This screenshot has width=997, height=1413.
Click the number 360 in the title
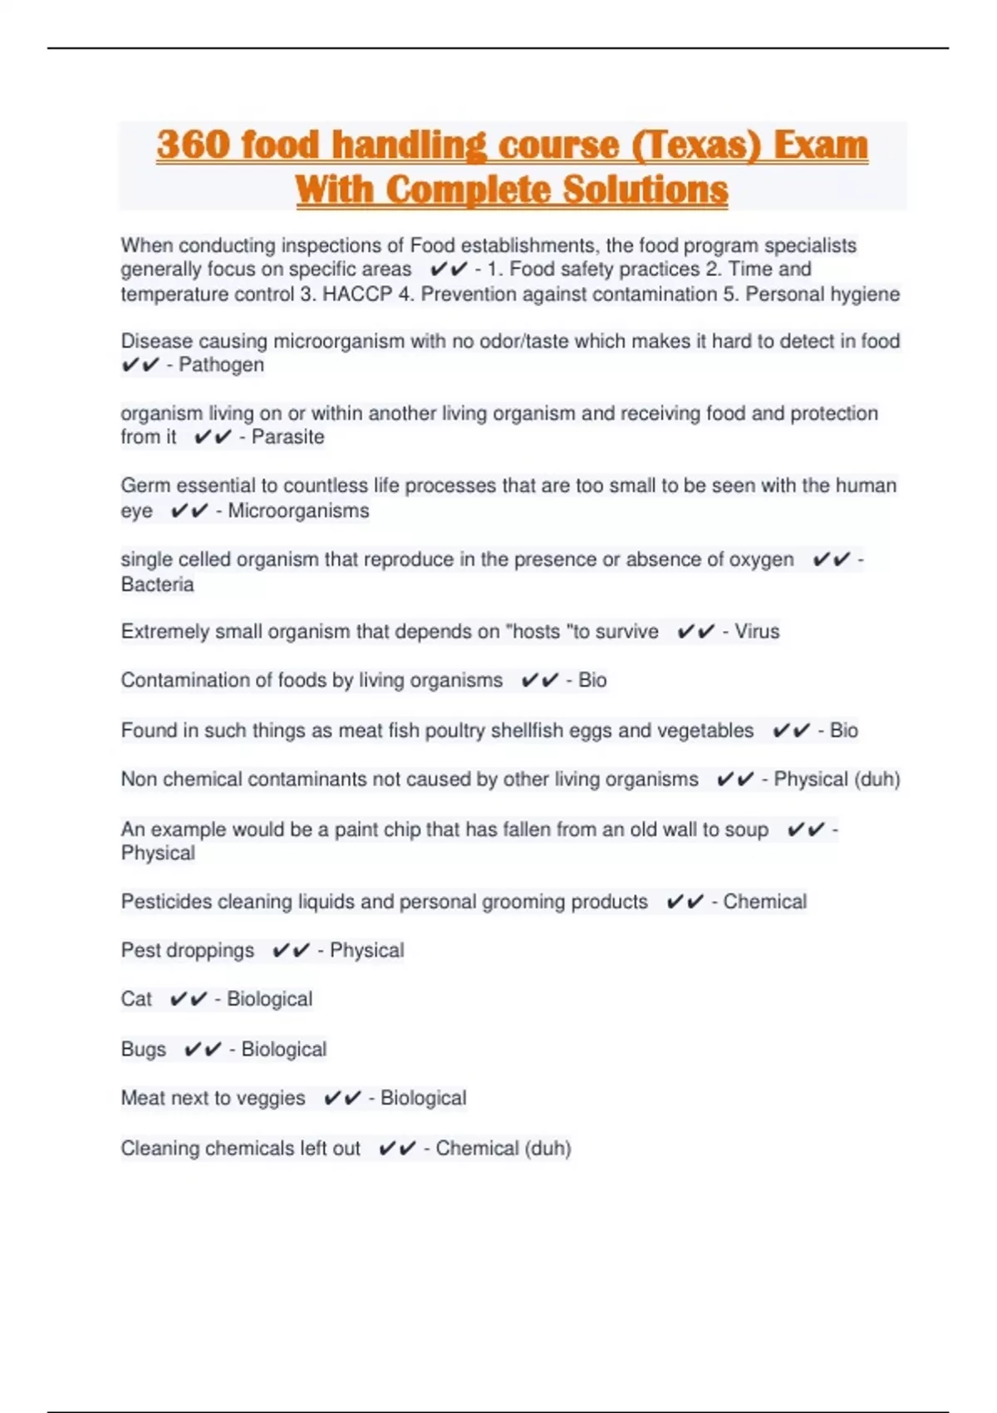193,145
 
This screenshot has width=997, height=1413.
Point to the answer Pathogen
221,365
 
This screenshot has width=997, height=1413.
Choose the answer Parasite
287,437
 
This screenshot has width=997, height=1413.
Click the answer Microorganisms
298,510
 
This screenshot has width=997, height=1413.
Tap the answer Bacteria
157,584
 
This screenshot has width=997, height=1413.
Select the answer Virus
757,632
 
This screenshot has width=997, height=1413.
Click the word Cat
136,999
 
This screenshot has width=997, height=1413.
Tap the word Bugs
143,1049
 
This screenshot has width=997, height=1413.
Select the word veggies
271,1098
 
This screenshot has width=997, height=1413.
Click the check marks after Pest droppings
291,950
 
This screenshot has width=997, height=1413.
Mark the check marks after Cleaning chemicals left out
397,1149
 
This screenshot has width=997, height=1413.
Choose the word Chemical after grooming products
764,902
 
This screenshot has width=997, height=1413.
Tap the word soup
746,830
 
